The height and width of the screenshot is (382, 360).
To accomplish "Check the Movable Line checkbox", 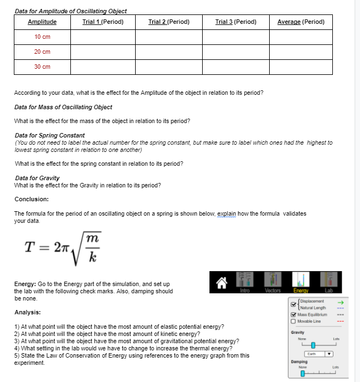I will tap(293, 322).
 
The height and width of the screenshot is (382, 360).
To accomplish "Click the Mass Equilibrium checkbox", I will tap(293, 315).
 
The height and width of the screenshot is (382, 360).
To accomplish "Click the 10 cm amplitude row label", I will tap(42, 37).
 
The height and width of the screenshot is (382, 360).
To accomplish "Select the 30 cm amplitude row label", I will tap(42, 67).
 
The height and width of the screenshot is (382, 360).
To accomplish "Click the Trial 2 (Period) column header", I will tap(169, 22).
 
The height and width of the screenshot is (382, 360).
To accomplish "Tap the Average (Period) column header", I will tap(301, 22).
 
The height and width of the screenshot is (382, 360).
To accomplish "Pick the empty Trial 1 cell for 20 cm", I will tap(102, 52).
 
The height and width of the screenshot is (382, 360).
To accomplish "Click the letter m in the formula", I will tap(94, 237).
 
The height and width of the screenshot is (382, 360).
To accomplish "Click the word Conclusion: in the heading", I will tap(31, 199).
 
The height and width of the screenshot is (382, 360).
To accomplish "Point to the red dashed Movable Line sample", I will tap(341, 322).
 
